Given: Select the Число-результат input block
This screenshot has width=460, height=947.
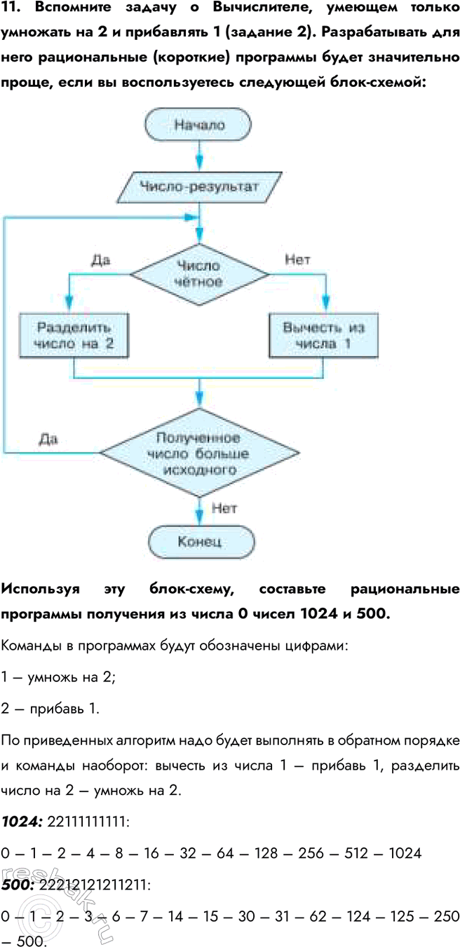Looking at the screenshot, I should tap(199, 187).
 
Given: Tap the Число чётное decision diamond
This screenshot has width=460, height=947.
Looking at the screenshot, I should tap(200, 274).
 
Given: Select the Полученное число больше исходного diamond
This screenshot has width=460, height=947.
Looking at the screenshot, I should tap(200, 452).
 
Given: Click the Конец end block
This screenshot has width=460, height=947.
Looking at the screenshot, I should tap(200, 541).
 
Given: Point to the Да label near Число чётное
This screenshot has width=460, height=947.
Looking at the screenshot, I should tap(101, 260).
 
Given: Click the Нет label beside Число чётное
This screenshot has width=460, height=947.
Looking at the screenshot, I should tap(297, 260).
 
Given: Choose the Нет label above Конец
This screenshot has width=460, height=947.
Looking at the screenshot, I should tap(223, 507).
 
